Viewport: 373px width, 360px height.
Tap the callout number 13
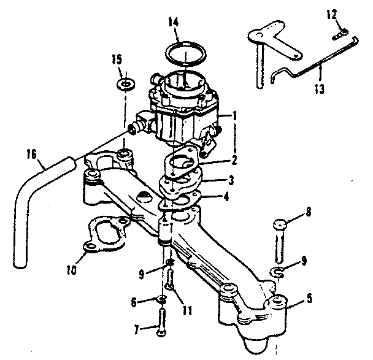click(317, 87)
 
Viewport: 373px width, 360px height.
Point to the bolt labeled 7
click(161, 321)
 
